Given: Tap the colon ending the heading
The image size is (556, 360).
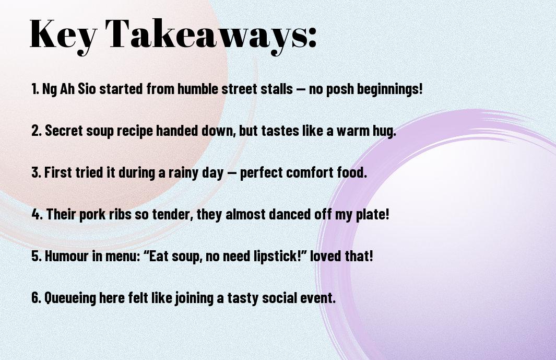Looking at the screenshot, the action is tap(312, 37).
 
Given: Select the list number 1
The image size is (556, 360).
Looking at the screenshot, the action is tap(34, 89).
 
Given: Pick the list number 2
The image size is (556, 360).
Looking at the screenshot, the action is tap(36, 131).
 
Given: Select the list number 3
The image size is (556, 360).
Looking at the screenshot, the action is tap(36, 172).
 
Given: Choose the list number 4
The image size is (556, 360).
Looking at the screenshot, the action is tap(37, 214).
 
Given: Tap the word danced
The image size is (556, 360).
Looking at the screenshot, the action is tap(290, 214).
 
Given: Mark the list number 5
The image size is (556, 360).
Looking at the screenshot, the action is tap(37, 256).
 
